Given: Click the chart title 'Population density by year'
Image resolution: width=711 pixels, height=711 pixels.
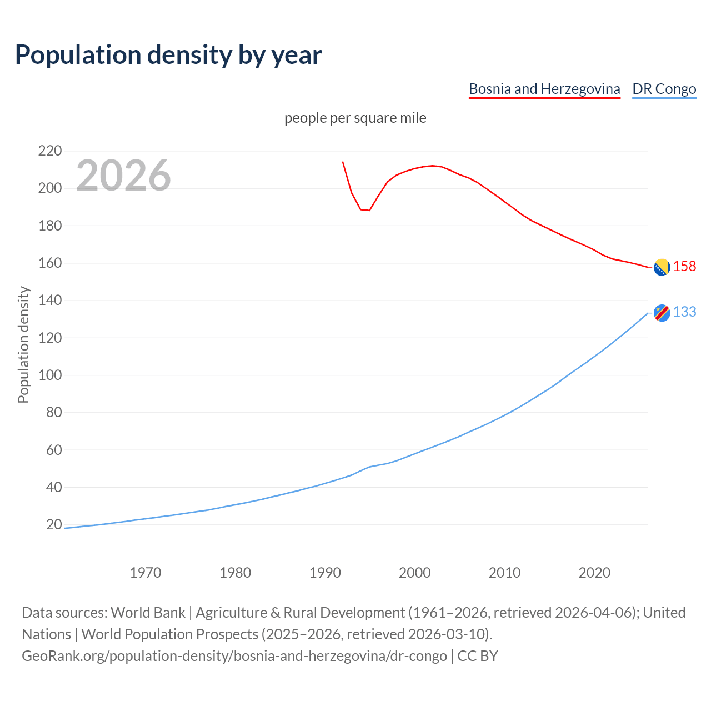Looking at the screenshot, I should tap(168, 54).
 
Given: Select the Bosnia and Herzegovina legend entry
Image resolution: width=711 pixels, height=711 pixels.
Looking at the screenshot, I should tap(544, 89).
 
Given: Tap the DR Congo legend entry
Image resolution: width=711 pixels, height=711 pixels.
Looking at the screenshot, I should tap(664, 89).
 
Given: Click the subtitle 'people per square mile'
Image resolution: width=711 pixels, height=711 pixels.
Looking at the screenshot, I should tap(355, 118).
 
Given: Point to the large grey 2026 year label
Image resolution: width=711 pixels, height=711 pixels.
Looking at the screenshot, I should tap(123, 175).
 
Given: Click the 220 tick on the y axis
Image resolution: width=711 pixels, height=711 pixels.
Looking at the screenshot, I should tap(49, 151).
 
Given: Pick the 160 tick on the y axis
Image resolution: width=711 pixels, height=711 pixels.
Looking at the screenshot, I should tap(49, 263).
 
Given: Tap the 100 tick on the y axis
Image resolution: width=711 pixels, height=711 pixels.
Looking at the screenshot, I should tap(49, 375).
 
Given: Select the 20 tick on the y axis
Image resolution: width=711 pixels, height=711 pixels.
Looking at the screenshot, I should tap(54, 524).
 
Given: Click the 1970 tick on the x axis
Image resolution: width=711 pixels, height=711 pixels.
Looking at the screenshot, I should tap(146, 572).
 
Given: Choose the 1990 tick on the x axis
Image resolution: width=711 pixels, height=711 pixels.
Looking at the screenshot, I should tap(325, 572).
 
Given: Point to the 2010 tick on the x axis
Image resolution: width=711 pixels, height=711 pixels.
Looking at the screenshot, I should tap(504, 572).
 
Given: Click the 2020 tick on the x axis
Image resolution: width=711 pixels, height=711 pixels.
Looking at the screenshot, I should tap(594, 572).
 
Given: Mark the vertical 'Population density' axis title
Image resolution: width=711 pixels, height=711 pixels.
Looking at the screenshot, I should tap(23, 344).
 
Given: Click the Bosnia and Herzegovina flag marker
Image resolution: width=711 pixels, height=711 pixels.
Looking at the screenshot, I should tap(662, 267).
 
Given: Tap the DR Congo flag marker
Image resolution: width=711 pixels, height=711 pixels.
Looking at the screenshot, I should tap(662, 313).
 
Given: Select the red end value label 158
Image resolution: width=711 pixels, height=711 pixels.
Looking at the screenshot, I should tap(684, 266).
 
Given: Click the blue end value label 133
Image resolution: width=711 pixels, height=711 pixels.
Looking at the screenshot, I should tap(684, 312).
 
